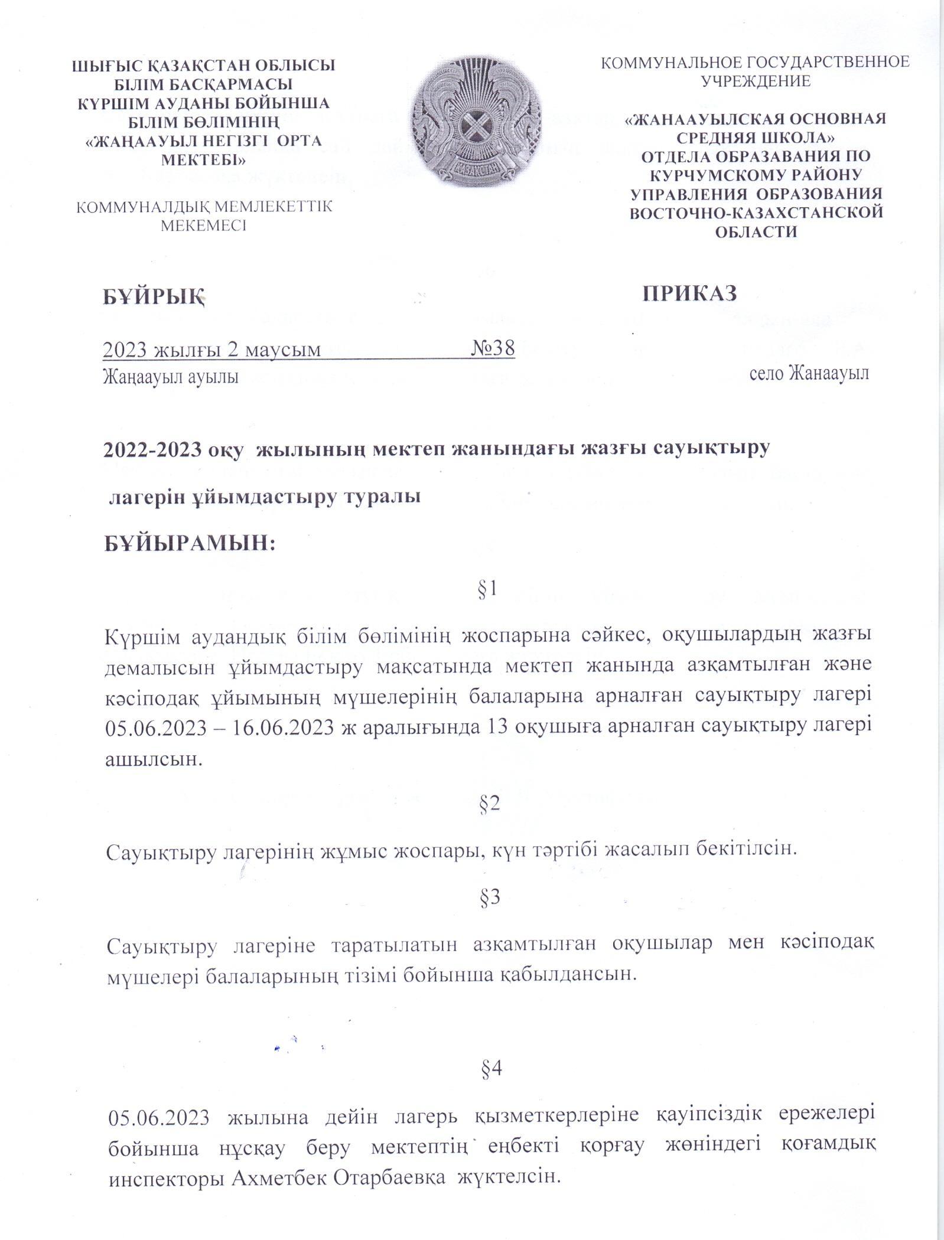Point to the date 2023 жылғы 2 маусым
212,350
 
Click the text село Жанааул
809,374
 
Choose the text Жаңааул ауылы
171,377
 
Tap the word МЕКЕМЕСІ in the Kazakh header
204,226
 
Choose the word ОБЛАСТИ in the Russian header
756,231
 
